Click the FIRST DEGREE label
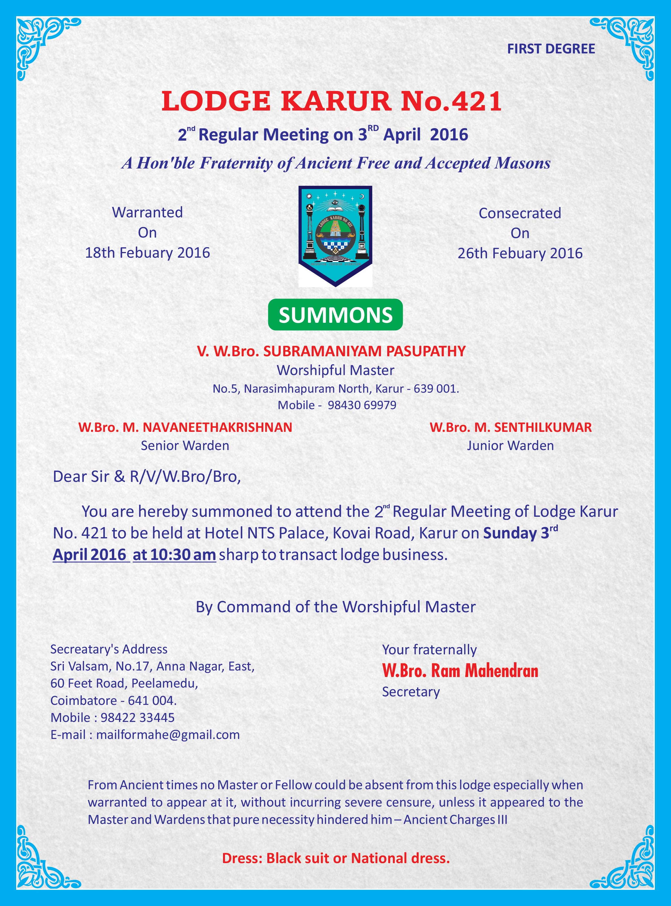(x=551, y=49)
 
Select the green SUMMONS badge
(x=335, y=315)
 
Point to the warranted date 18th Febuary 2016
(x=147, y=253)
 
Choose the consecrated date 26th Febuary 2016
(x=520, y=253)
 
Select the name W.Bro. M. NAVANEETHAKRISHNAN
(x=185, y=427)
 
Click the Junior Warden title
(x=510, y=445)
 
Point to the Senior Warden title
(x=185, y=445)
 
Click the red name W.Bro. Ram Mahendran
(x=460, y=671)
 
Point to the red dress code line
(x=335, y=858)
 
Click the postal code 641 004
(x=152, y=701)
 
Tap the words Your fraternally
(x=429, y=650)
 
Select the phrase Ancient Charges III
(x=455, y=820)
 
